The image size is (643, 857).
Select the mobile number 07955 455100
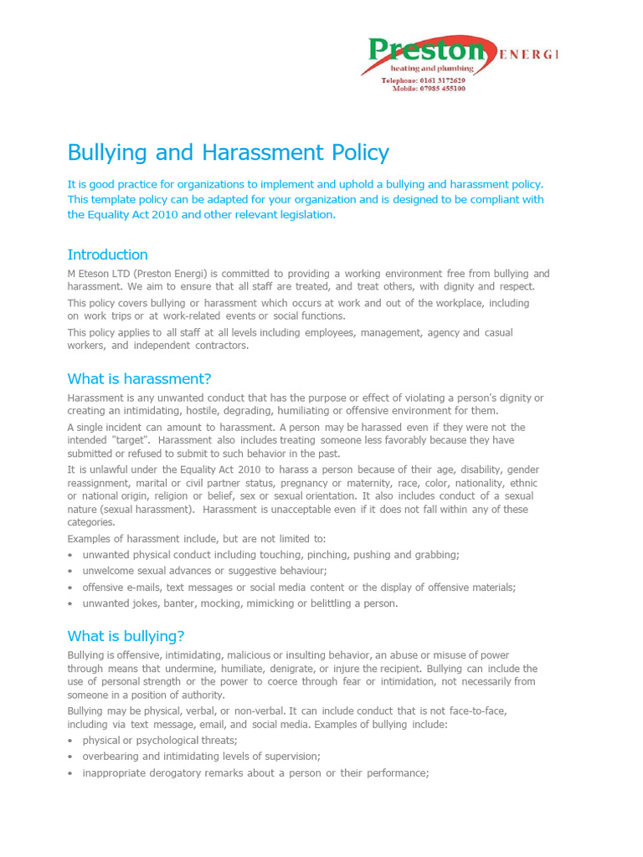point(440,89)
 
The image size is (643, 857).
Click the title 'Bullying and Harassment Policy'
point(228,152)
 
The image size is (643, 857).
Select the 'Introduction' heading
point(107,254)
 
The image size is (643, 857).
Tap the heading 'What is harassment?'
point(139,378)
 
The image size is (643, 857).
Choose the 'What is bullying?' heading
point(126,635)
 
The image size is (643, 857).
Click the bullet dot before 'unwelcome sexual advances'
point(70,572)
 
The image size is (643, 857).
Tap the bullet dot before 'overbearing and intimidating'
point(70,757)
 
